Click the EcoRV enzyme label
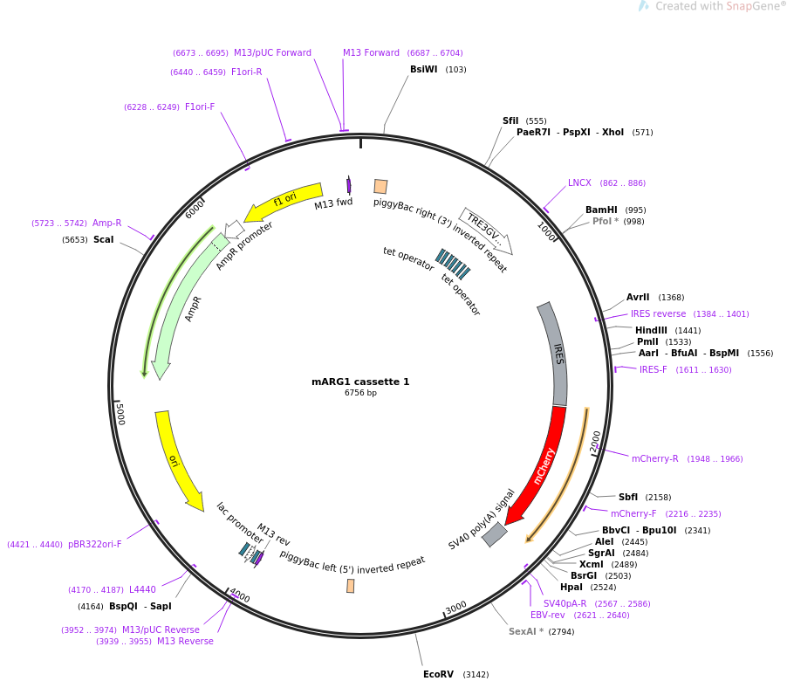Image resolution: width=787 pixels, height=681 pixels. [x=438, y=674]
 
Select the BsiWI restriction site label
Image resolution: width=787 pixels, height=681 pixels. [x=424, y=69]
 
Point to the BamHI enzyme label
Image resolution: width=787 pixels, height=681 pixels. [x=601, y=210]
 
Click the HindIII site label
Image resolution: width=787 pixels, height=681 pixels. [x=651, y=330]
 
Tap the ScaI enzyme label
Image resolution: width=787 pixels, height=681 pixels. [x=103, y=239]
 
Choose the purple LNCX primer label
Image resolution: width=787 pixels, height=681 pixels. [x=579, y=182]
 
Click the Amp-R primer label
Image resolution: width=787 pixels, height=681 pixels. [x=107, y=223]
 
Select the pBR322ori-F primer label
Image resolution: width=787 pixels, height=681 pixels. [x=95, y=544]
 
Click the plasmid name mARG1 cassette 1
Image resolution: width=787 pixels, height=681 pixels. [x=360, y=382]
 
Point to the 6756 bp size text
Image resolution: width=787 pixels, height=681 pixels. [x=360, y=393]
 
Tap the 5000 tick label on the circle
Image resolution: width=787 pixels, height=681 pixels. [x=120, y=414]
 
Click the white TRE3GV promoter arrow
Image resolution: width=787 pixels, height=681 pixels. [x=485, y=230]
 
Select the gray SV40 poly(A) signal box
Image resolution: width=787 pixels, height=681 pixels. [x=495, y=534]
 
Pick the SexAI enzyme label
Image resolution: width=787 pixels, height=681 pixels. [x=526, y=631]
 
